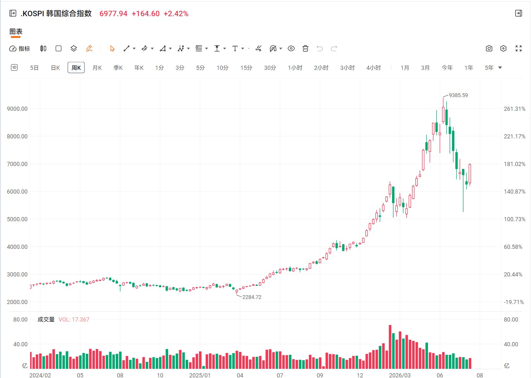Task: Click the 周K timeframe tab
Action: pyautogui.click(x=76, y=68)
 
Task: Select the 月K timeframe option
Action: pyautogui.click(x=97, y=68)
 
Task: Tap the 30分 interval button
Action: pyautogui.click(x=270, y=68)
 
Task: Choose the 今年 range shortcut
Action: pyautogui.click(x=447, y=68)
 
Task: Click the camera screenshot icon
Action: pyautogui.click(x=489, y=49)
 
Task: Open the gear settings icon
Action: pyautogui.click(x=503, y=49)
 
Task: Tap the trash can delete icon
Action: pyautogui.click(x=305, y=49)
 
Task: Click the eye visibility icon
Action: pyautogui.click(x=291, y=49)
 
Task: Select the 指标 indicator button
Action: pyautogui.click(x=20, y=49)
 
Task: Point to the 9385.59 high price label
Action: pyautogui.click(x=458, y=95)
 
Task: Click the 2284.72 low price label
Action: pyautogui.click(x=252, y=297)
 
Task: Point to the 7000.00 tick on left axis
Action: pyautogui.click(x=17, y=164)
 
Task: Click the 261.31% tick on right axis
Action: pyautogui.click(x=515, y=109)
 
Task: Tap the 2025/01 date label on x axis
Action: pyautogui.click(x=200, y=375)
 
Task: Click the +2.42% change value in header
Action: pyautogui.click(x=176, y=14)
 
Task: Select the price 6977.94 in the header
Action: pyautogui.click(x=113, y=14)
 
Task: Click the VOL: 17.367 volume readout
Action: pyautogui.click(x=74, y=320)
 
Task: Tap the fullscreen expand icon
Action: pyautogui.click(x=519, y=49)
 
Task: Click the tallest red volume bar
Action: pyautogui.click(x=390, y=347)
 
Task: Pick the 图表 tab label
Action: pyautogui.click(x=16, y=31)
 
